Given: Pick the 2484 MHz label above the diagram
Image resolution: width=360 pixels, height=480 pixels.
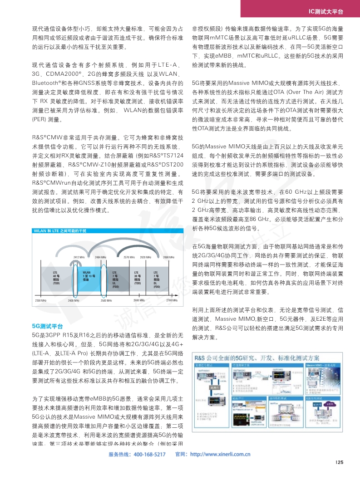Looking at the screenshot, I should click(101, 257).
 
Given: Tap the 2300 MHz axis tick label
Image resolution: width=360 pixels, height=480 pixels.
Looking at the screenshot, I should click(41, 301).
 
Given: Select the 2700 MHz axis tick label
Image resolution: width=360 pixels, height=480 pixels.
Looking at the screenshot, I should click(172, 300).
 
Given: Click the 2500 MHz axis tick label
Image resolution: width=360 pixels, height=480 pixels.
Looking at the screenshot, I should click(106, 301).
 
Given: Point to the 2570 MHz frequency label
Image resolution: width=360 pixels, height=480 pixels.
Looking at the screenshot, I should click(129, 257).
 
